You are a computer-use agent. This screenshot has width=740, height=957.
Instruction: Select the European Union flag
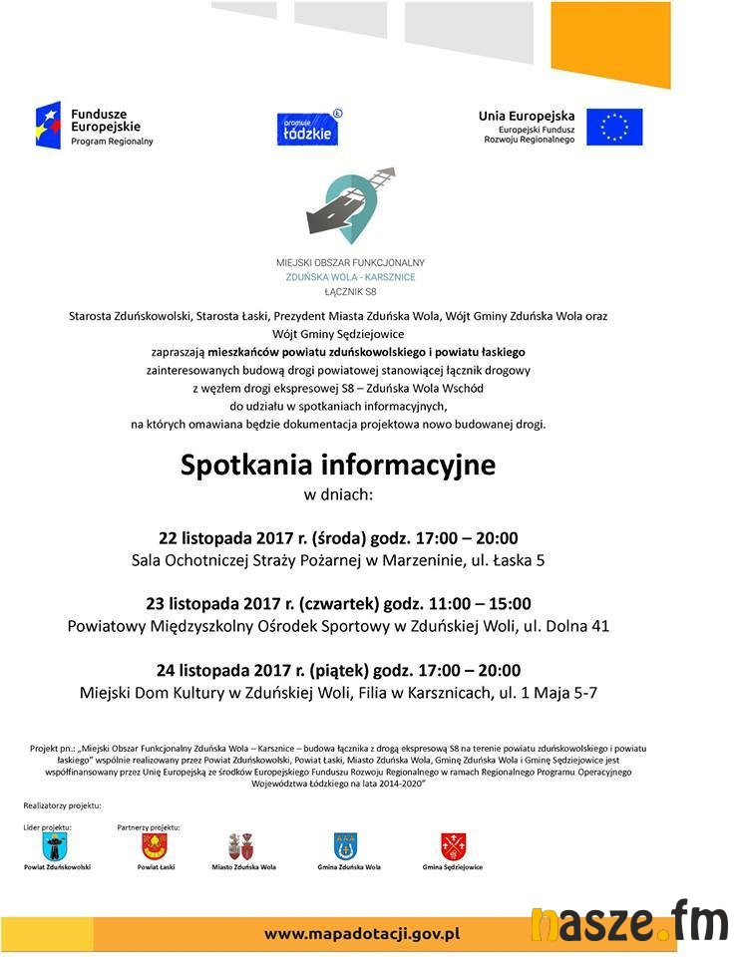[x=613, y=127]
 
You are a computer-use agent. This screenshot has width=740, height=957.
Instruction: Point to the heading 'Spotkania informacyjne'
[x=338, y=466]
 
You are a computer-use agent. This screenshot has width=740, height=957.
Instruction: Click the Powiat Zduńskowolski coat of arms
[x=56, y=847]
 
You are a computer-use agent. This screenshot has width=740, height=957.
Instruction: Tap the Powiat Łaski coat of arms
[x=154, y=847]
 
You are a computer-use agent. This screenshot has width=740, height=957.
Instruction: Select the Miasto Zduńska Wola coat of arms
[x=241, y=847]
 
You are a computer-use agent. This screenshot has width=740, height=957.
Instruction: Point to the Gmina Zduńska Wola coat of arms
[x=345, y=847]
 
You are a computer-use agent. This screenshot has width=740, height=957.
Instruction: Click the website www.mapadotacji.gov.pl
[x=361, y=934]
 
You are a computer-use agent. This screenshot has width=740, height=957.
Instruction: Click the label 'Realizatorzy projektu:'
[x=62, y=804]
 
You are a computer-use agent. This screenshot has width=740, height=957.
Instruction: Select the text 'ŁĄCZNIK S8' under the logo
[x=349, y=290]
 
